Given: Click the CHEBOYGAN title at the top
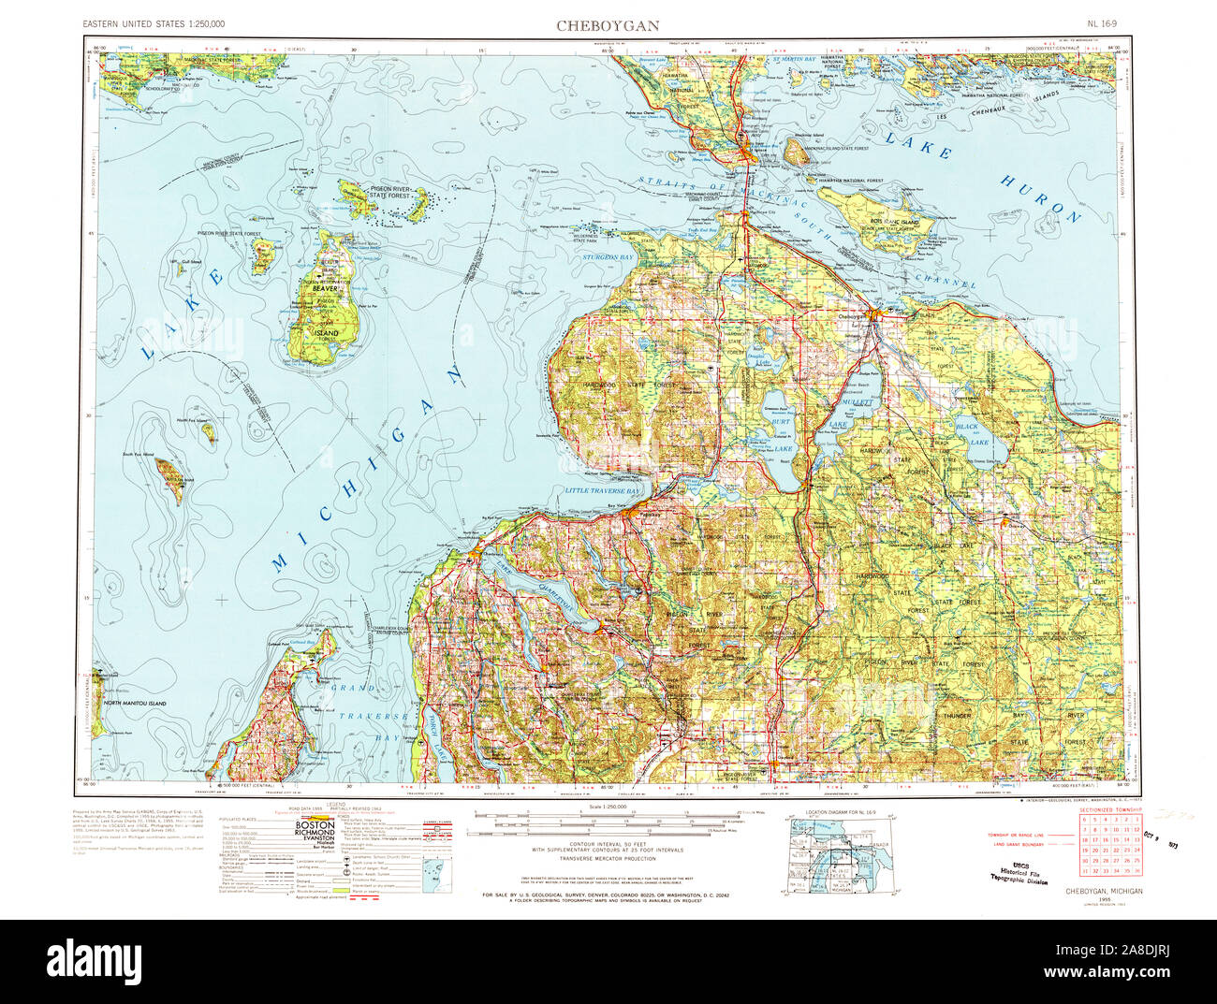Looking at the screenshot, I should point(608,25).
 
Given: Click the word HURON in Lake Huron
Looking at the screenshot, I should point(1041,199).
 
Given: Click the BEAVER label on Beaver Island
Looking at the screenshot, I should point(324,290).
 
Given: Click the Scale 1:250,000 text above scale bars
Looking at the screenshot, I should point(608,807).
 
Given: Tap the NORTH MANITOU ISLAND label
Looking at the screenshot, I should point(135,703).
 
